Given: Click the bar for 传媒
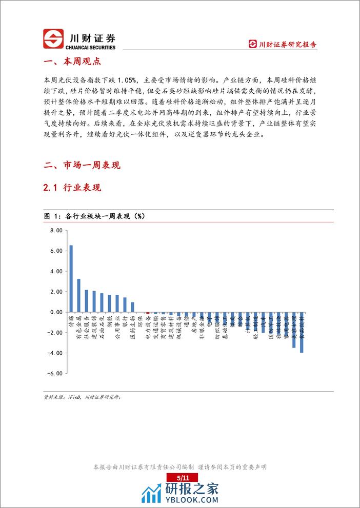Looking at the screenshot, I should tap(71, 278).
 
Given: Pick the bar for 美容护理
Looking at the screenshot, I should tap(294, 330).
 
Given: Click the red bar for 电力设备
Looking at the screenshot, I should tap(148, 312).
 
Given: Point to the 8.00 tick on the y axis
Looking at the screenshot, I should tap(56, 231).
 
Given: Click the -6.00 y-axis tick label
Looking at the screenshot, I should tap(55, 373).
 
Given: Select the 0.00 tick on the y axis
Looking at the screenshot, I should tap(56, 312).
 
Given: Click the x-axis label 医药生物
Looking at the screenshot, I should tap(133, 324).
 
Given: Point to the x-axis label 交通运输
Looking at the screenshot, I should tap(155, 324).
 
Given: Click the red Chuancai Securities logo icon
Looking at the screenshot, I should tap(52, 39).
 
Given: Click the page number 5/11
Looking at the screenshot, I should tap(179, 477).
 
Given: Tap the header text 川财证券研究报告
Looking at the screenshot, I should tap(287, 45).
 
